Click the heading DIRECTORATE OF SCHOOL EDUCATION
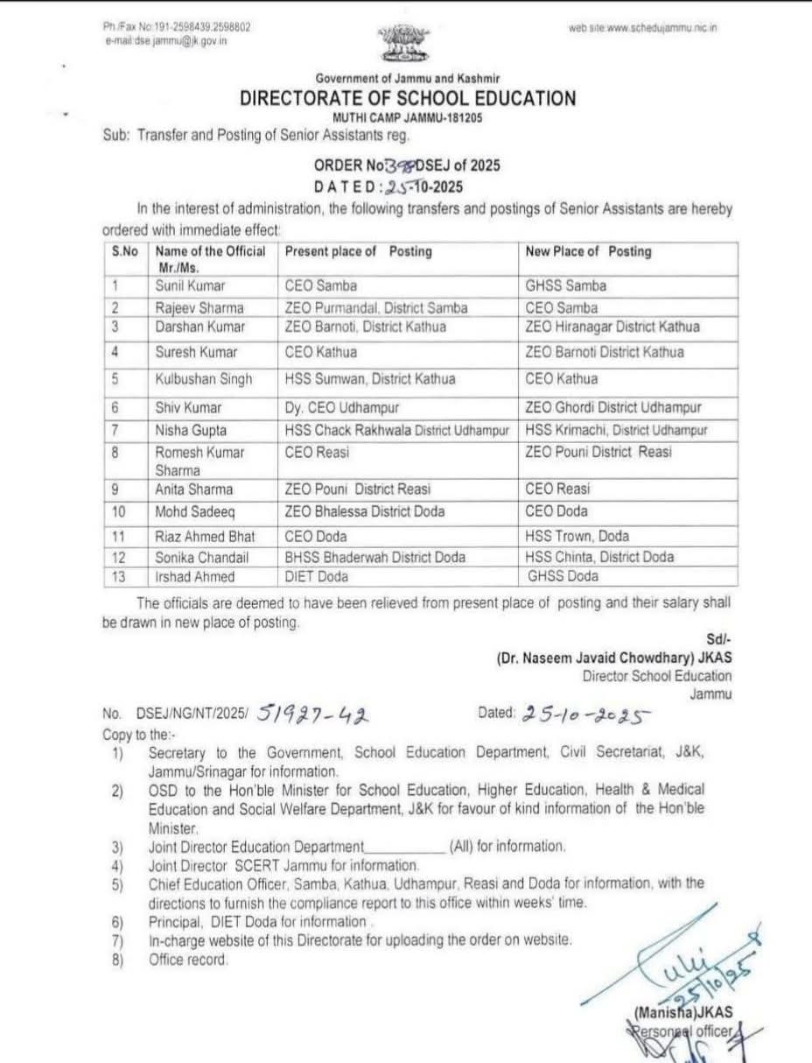click(408, 99)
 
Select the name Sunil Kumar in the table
click(190, 285)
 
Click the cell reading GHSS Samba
click(565, 285)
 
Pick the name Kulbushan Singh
click(204, 379)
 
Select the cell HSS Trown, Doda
click(577, 536)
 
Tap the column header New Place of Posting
click(588, 251)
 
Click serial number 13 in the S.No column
click(119, 576)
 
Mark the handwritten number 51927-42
click(314, 717)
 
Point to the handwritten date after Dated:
click(586, 715)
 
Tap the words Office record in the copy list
click(188, 960)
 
